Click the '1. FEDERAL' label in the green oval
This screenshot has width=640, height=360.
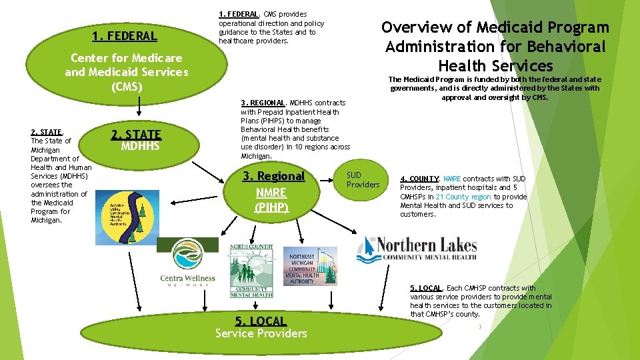tap(125, 36)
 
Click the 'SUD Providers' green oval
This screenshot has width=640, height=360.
tap(363, 180)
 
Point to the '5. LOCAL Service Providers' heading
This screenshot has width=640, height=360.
tap(261, 327)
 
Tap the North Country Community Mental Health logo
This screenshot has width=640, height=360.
tap(251, 270)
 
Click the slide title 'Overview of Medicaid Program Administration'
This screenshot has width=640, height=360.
tap(495, 46)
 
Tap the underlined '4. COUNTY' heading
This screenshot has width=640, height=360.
tap(419, 179)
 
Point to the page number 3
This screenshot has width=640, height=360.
tap(479, 326)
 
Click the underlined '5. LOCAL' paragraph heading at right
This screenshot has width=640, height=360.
tap(425, 288)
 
